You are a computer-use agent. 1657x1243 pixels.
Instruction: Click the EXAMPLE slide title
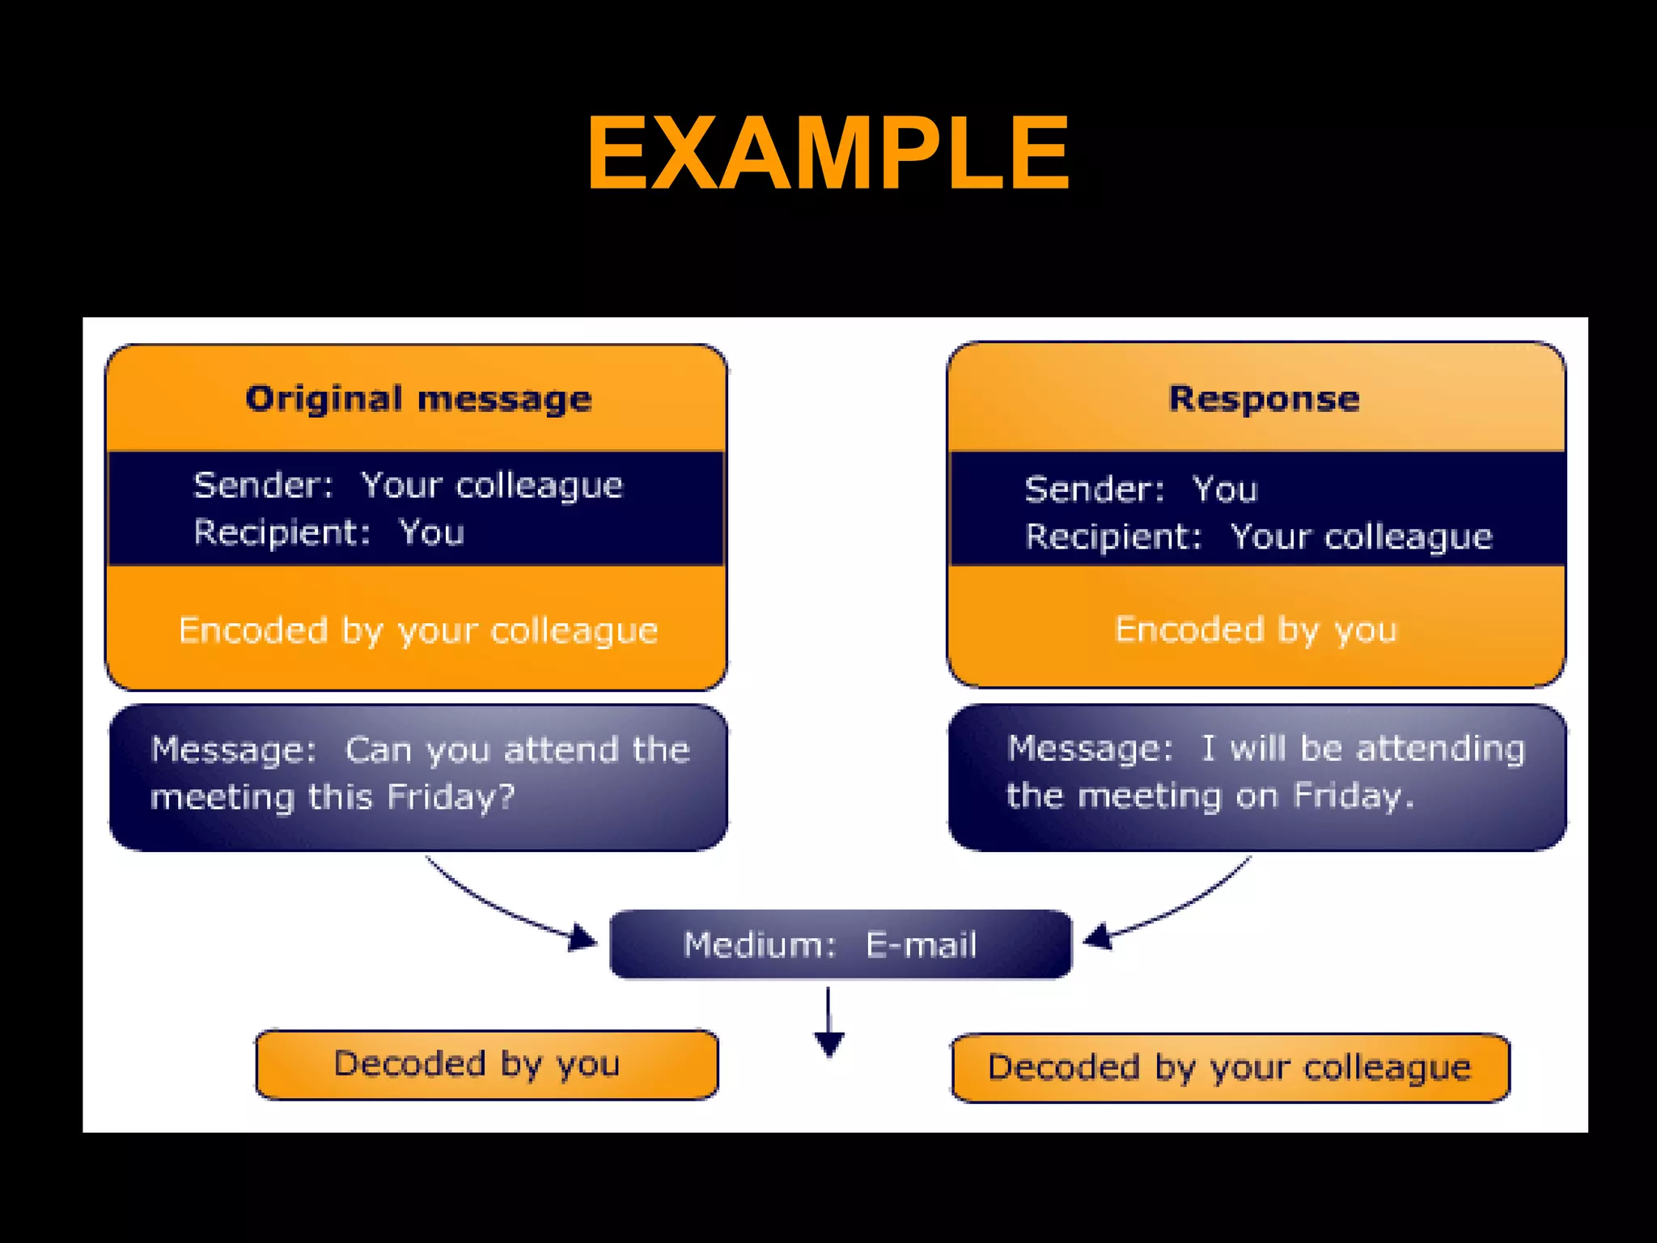pos(828,154)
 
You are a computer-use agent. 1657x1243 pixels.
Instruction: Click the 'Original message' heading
pos(418,399)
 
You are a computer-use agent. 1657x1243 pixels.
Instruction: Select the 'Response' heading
pos(1264,399)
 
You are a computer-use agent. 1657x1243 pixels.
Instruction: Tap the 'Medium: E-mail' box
pos(840,944)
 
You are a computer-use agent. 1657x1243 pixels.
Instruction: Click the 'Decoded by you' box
pos(486,1064)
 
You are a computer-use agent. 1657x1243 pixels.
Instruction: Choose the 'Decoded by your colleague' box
pos(1230,1067)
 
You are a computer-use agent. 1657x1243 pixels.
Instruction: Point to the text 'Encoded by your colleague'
pos(418,630)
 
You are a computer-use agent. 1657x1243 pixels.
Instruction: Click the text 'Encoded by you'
pos(1256,630)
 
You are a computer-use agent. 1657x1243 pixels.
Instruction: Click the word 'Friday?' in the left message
pos(451,797)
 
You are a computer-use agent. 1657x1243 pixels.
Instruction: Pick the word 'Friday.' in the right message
pos(1354,795)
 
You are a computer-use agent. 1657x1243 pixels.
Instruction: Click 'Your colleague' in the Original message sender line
pos(492,486)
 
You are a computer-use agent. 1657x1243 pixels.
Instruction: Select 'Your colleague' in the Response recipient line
pos(1361,537)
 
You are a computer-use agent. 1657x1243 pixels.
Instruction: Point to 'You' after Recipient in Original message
pos(431,532)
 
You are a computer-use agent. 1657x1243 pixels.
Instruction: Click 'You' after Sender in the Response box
pos(1225,490)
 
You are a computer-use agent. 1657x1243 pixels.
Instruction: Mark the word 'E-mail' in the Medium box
pos(922,944)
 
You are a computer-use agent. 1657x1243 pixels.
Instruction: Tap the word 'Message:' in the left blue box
pos(233,749)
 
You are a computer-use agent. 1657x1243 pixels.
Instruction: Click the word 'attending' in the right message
pos(1440,749)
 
